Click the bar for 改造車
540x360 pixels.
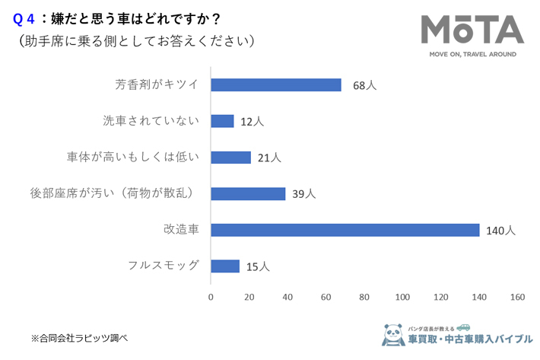click(x=345, y=230)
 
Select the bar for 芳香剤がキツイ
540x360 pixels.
click(x=275, y=85)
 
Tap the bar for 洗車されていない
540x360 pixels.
click(x=222, y=121)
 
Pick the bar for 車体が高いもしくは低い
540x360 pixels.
click(x=230, y=158)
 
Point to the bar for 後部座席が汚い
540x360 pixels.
click(x=248, y=193)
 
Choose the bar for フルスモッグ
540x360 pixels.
click(x=224, y=266)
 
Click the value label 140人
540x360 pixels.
click(x=501, y=230)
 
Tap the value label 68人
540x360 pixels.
click(x=364, y=85)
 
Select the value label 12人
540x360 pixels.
click(x=252, y=121)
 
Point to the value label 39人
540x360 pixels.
click(x=303, y=194)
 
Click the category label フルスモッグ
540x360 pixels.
click(x=164, y=266)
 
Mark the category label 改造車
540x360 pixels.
click(x=181, y=230)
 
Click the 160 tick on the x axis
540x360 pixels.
click(x=518, y=298)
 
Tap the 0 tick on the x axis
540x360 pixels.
click(x=211, y=298)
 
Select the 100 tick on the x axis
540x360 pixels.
click(x=402, y=298)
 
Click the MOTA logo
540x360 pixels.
click(x=472, y=30)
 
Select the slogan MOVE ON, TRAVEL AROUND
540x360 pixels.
click(x=472, y=55)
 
